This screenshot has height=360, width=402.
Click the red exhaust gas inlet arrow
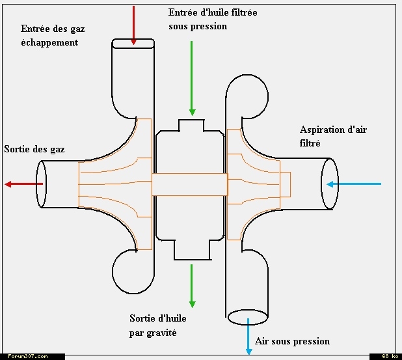(133, 25)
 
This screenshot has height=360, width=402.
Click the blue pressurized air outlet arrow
(248, 337)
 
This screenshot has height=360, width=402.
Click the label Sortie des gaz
(34, 149)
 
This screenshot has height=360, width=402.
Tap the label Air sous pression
(292, 341)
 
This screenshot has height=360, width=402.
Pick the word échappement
(49, 42)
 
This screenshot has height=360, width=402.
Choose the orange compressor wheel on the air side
(257, 184)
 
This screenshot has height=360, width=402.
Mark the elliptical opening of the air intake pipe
(330, 184)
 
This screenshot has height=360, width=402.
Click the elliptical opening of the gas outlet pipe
(42, 184)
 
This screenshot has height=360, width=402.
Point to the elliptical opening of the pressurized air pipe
(248, 317)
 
